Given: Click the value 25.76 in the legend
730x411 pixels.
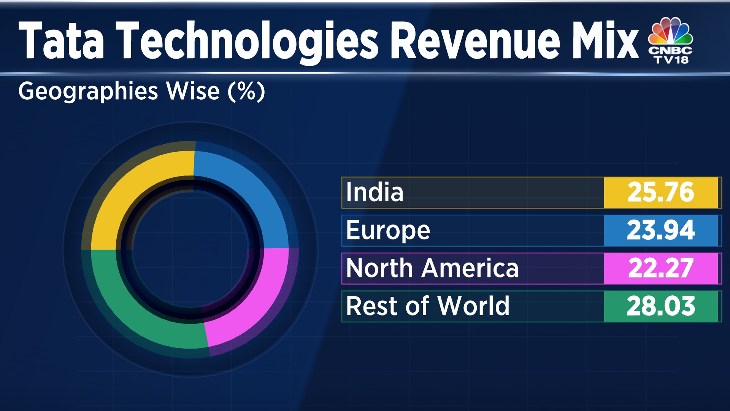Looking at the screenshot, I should (660, 193).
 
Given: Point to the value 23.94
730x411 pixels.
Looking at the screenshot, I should (660, 231).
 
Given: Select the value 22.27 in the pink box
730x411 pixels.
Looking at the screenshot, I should (660, 269).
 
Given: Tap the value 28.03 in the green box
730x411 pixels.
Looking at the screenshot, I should (660, 307).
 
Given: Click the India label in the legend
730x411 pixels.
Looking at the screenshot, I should (375, 193).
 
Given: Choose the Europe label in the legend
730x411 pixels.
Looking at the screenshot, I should (388, 231).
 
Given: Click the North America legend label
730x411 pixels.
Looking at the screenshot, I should (432, 269).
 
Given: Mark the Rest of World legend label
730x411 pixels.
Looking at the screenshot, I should (428, 307).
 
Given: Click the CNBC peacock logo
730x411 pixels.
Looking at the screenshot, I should (670, 31).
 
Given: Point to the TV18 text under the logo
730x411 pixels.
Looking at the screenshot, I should (671, 59).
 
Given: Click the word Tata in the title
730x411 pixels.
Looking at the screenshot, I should (61, 41).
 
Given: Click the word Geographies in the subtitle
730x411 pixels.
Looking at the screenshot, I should (88, 92).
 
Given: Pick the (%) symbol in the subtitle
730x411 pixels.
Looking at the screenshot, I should (246, 92).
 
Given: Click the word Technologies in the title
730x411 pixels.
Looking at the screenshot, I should (247, 41).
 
